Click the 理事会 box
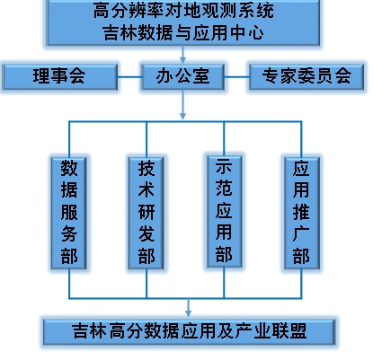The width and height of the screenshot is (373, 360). [59, 76]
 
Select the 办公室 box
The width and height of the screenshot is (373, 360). [182, 76]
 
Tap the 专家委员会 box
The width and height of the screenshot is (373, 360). [306, 76]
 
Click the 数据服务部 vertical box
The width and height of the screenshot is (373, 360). [69, 213]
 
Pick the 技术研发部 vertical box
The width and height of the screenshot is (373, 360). [147, 213]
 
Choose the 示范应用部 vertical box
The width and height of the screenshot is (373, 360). [224, 211]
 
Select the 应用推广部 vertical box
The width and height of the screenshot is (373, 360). [302, 213]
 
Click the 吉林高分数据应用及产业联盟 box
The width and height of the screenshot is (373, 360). [189, 332]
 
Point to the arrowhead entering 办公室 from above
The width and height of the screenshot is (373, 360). [182, 59]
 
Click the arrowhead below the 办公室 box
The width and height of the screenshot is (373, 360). [182, 116]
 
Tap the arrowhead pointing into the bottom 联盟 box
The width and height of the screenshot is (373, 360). [188, 312]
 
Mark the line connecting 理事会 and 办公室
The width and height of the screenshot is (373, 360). [129, 77]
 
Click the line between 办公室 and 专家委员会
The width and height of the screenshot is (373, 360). [236, 77]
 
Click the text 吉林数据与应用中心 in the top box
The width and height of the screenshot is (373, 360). [183, 32]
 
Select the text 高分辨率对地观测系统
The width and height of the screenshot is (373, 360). [183, 11]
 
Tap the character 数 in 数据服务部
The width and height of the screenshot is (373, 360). [69, 168]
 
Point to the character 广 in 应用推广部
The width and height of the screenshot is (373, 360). [301, 234]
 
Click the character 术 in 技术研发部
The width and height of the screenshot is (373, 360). [147, 189]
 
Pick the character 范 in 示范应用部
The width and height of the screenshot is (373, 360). [224, 189]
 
